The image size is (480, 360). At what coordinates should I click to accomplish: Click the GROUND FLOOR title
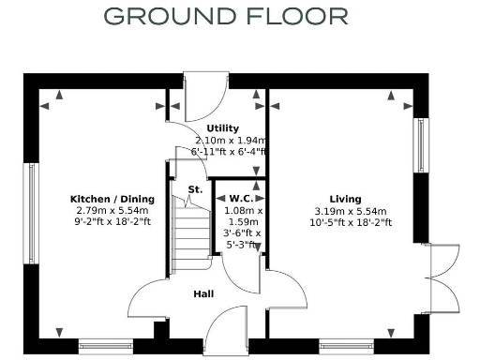[x=225, y=16]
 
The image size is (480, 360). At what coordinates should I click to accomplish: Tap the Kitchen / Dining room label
[x=112, y=199]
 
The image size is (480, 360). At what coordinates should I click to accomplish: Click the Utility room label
[x=223, y=128]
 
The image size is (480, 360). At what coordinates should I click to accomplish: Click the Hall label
[x=203, y=294]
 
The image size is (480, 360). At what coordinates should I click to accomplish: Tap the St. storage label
[x=195, y=189]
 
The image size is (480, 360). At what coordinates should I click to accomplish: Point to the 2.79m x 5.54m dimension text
[x=112, y=211]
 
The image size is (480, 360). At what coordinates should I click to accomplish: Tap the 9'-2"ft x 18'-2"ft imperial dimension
[x=112, y=223]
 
